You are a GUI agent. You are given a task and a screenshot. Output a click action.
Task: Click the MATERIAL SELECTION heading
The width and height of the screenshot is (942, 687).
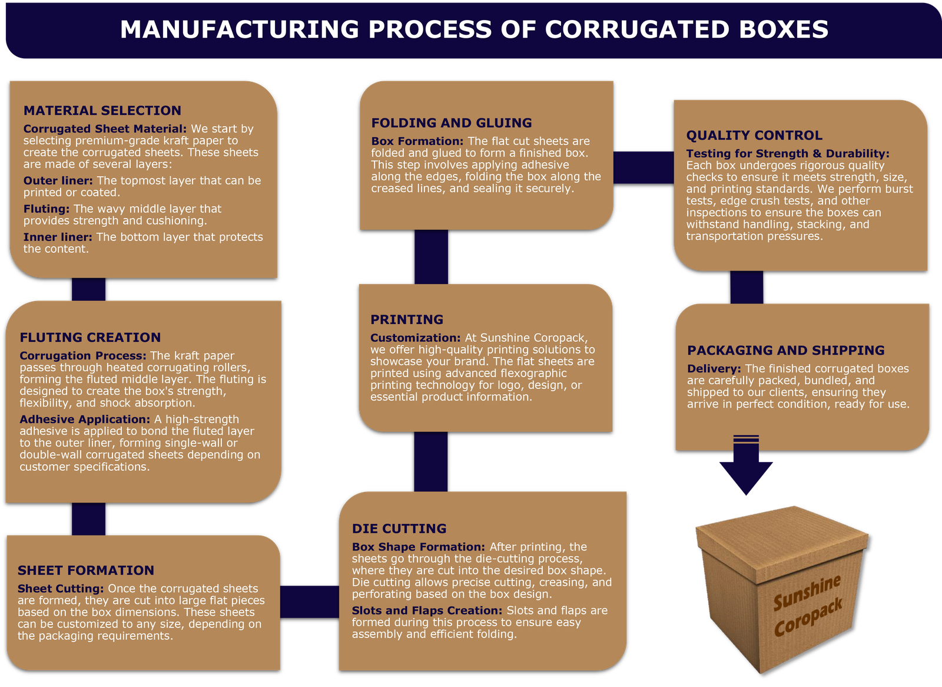(x=102, y=111)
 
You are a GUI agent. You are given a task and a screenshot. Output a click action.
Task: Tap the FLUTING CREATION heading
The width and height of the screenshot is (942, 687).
(x=90, y=338)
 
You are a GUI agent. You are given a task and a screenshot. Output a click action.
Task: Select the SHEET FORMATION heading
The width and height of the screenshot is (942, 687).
(x=86, y=570)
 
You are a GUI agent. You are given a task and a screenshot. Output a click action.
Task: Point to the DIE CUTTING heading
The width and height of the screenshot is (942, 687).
(x=399, y=529)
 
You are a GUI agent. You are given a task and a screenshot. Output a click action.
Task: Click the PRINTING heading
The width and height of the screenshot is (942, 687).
(x=407, y=319)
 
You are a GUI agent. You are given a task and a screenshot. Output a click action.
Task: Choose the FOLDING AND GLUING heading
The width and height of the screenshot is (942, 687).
(x=452, y=123)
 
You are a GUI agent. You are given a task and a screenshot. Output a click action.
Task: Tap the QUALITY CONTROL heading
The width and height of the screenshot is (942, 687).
(x=754, y=136)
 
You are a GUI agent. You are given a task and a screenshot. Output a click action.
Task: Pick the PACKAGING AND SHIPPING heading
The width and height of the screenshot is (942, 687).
(x=785, y=351)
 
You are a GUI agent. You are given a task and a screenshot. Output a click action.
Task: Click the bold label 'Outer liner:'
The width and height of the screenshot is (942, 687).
(x=58, y=181)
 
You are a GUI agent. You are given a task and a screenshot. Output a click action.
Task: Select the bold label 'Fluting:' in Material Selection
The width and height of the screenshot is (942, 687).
(x=47, y=209)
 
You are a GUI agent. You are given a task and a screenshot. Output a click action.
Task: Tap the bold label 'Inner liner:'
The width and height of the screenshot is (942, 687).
(x=58, y=237)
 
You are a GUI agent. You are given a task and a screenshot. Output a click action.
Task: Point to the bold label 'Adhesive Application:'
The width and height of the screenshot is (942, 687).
(x=85, y=420)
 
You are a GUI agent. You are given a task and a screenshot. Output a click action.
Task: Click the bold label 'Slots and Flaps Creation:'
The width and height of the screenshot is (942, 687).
(x=427, y=611)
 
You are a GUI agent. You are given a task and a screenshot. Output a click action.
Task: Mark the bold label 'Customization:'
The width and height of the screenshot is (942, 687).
(x=415, y=338)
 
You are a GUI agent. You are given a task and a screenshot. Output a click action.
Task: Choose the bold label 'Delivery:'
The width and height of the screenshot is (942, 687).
(x=714, y=369)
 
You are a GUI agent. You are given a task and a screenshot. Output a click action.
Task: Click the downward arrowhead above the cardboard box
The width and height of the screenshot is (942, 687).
(x=746, y=476)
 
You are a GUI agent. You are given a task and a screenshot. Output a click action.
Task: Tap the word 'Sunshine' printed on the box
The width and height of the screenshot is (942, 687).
(x=807, y=593)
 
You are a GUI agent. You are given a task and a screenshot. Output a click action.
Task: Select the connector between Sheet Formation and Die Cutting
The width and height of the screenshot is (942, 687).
(x=310, y=602)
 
